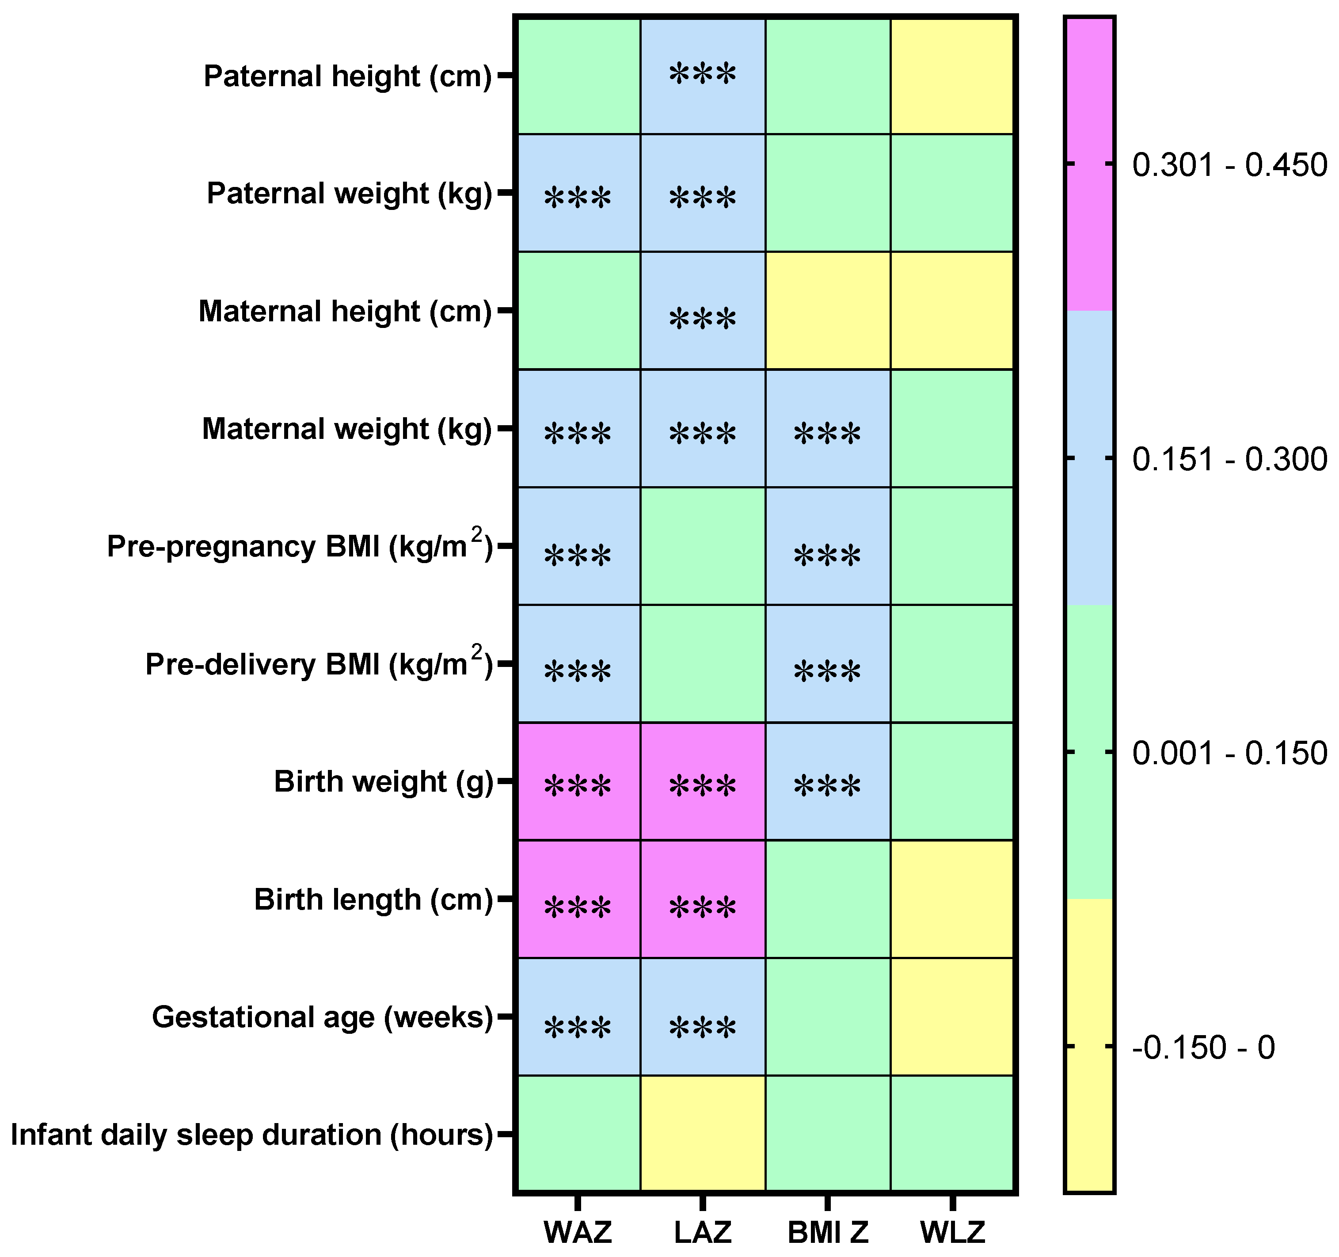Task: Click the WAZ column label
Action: coord(577,1232)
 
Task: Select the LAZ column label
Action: coord(703,1232)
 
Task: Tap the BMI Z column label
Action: coord(828,1232)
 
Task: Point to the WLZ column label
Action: coord(952,1232)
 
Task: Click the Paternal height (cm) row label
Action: coord(347,76)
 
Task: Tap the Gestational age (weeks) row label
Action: coord(323,1017)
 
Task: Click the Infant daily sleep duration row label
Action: coord(252,1135)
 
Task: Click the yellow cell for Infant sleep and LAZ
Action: coord(703,1135)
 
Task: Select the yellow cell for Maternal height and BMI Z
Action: coord(828,311)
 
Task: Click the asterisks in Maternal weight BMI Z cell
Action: coord(827,433)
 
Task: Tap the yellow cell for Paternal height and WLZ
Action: coord(952,76)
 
